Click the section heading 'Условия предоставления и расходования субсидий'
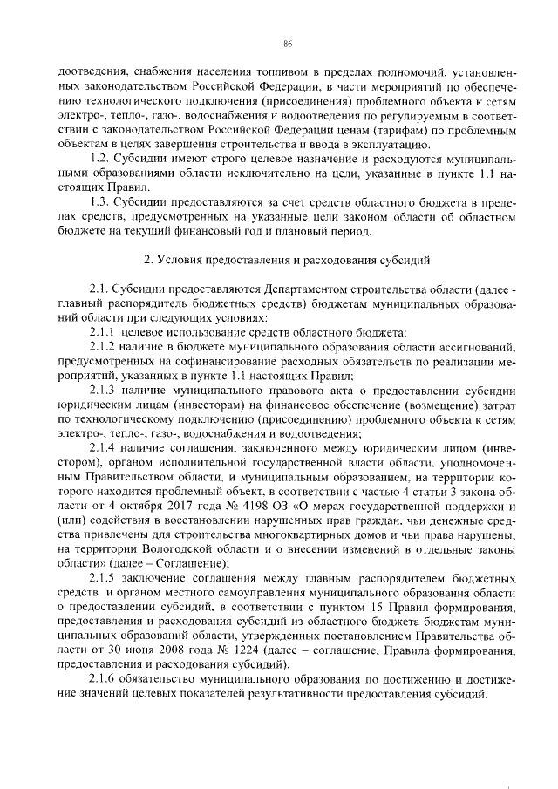[288, 260]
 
